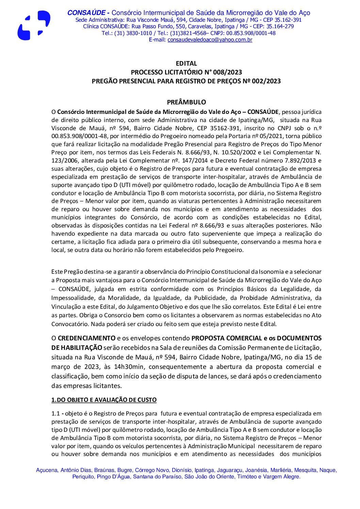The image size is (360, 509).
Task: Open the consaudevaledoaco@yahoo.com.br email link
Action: [x=210, y=40]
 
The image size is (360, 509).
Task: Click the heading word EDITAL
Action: [x=186, y=64]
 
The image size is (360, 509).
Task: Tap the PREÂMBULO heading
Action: [x=186, y=102]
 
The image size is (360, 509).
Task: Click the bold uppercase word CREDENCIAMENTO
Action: [x=86, y=338]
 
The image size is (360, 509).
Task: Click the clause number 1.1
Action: [x=55, y=414]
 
